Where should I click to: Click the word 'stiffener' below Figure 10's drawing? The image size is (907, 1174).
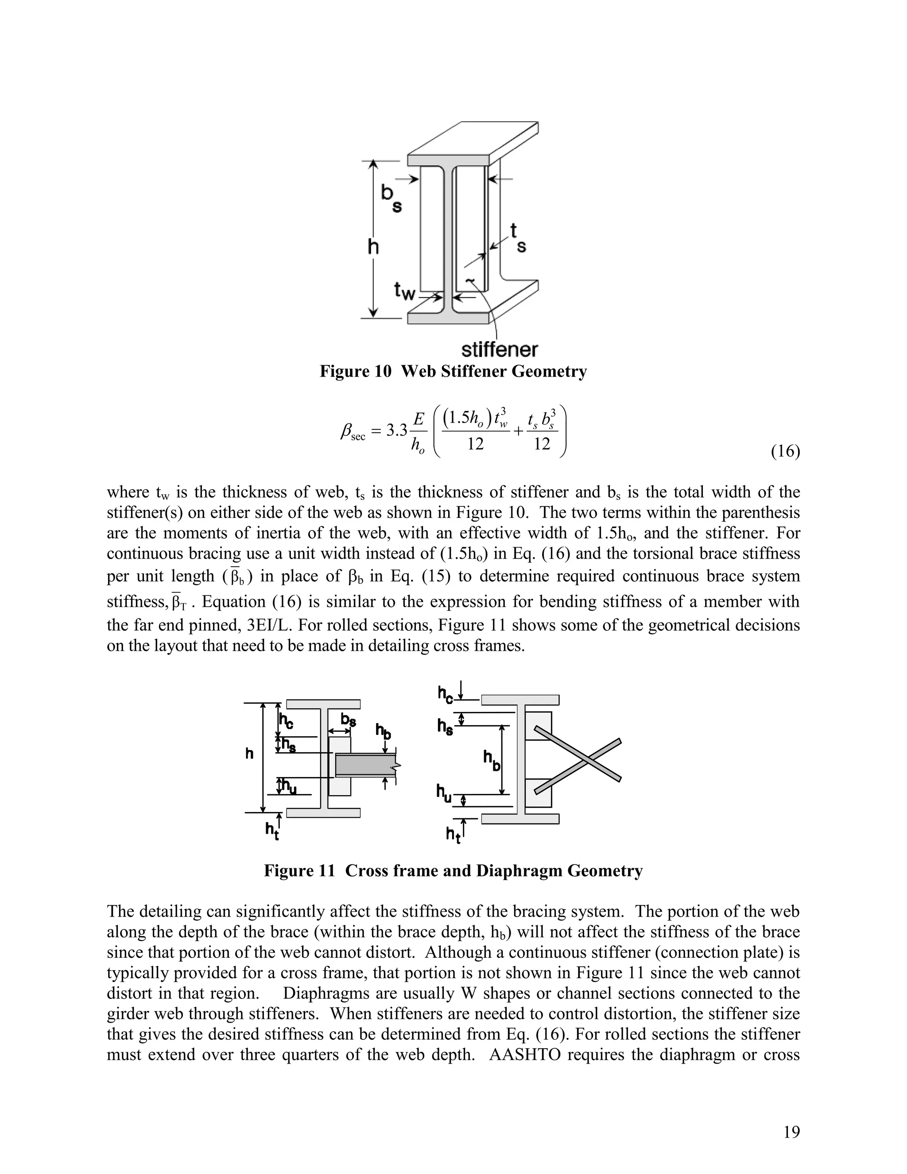500,350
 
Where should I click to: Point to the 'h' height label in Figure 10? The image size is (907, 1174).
373,247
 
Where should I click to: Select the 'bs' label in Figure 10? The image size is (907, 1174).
391,198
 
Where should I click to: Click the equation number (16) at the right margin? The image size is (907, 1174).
785,451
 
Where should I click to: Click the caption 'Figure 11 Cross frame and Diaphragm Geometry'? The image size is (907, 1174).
453,870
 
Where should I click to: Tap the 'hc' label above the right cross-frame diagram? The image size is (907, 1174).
446,694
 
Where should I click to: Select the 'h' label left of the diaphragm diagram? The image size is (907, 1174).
249,754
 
